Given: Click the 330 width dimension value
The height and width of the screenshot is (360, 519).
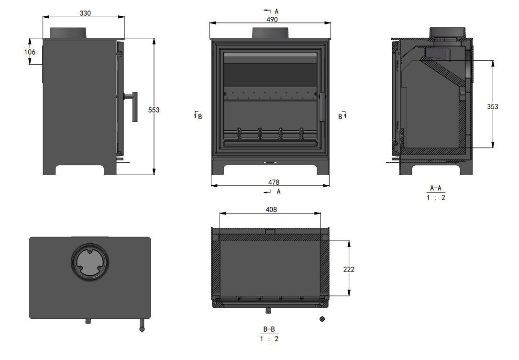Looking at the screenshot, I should pyautogui.click(x=85, y=13).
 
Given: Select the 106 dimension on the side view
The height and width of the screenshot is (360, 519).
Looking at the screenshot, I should pyautogui.click(x=30, y=52).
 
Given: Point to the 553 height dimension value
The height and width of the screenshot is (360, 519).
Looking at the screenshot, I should pyautogui.click(x=154, y=110).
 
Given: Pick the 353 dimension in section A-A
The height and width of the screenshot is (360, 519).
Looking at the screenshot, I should pyautogui.click(x=493, y=106).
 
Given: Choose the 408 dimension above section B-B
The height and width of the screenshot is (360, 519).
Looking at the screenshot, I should pyautogui.click(x=271, y=209).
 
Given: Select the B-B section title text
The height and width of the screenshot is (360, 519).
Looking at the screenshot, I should pyautogui.click(x=269, y=329).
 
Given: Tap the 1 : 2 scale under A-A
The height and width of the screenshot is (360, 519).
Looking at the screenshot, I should pyautogui.click(x=436, y=198).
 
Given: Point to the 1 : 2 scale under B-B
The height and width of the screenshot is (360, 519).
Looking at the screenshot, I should pyautogui.click(x=269, y=339).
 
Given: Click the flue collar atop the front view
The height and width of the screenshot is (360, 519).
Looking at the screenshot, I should pyautogui.click(x=270, y=33).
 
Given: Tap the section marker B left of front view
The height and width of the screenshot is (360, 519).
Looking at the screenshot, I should pyautogui.click(x=198, y=116).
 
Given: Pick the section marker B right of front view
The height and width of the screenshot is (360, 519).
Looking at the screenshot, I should pyautogui.click(x=342, y=116).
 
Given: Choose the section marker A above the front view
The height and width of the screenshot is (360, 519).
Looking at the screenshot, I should pyautogui.click(x=276, y=11).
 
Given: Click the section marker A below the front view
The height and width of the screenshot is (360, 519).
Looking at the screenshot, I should pyautogui.click(x=278, y=191).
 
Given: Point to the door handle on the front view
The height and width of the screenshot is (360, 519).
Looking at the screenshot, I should pyautogui.click(x=323, y=107).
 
